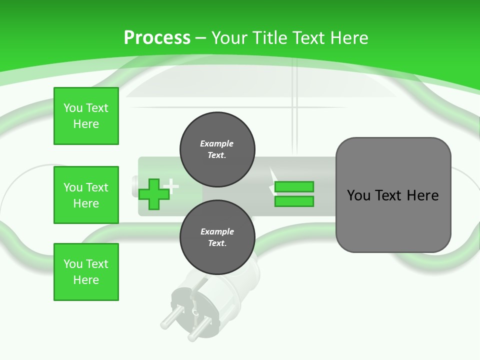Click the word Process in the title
click(157, 37)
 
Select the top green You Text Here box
click(86, 116)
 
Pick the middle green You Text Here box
click(86, 195)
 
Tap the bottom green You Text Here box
click(86, 272)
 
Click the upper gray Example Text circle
click(217, 149)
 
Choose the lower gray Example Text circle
click(217, 237)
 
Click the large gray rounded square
click(393, 195)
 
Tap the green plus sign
click(153, 194)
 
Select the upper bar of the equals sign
click(294, 186)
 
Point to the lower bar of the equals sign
click(294, 201)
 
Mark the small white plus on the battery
click(171, 186)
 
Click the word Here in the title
click(348, 37)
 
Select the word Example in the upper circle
click(217, 143)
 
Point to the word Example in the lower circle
click(217, 231)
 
